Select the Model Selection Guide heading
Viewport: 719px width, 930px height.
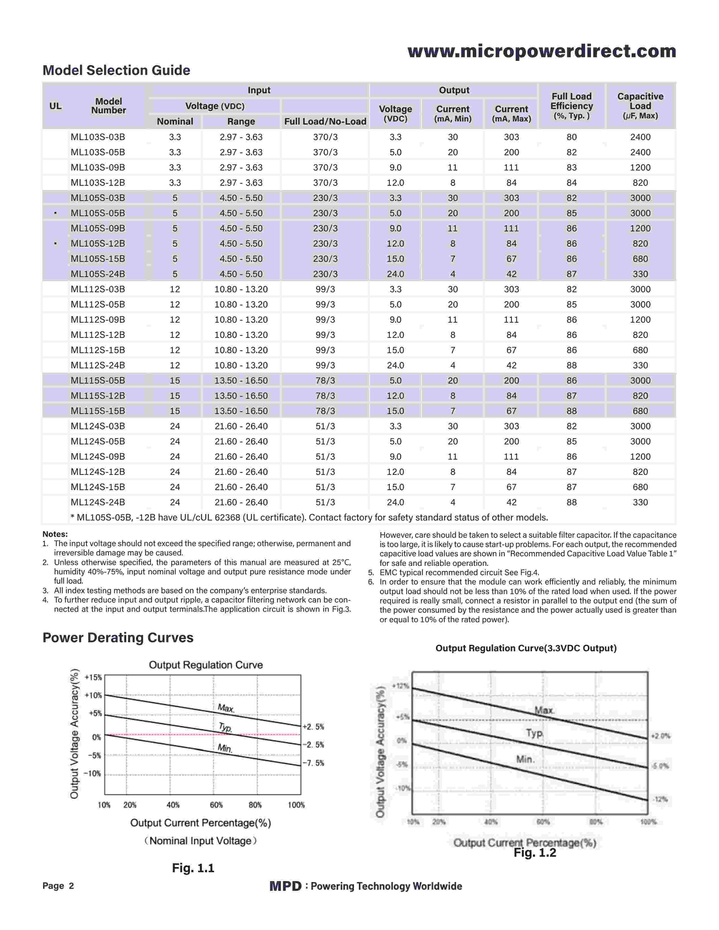pyautogui.click(x=116, y=70)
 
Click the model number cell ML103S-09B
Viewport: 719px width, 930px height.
pyautogui.click(x=98, y=167)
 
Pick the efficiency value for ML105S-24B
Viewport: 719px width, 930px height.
pyautogui.click(x=571, y=274)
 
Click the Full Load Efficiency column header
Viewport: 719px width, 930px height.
pyautogui.click(x=571, y=106)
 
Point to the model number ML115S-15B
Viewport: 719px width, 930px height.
pyautogui.click(x=98, y=411)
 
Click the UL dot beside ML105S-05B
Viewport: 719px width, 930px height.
pyautogui.click(x=55, y=213)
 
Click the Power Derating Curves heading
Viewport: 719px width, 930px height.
pyautogui.click(x=118, y=637)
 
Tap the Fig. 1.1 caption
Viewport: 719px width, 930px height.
pyautogui.click(x=193, y=868)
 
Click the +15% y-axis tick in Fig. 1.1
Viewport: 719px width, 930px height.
pyautogui.click(x=93, y=677)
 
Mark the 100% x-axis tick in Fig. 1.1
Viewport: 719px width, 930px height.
pyautogui.click(x=296, y=805)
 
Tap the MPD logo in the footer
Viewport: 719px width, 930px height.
pyautogui.click(x=285, y=886)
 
